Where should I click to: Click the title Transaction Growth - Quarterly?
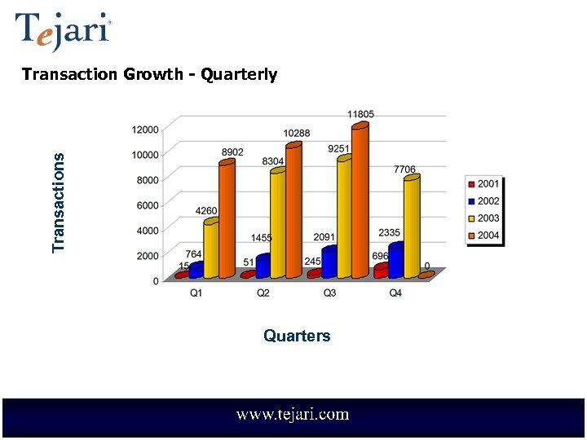149,75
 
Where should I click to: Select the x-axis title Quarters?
297,336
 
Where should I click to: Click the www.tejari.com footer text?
293,415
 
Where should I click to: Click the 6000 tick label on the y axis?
147,205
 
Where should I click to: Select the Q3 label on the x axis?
329,293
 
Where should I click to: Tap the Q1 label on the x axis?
196,293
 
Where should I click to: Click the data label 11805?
360,115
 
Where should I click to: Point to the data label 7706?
404,169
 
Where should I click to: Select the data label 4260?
206,211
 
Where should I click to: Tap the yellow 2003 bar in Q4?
412,228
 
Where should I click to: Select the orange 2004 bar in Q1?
227,220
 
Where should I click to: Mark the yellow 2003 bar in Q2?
278,224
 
